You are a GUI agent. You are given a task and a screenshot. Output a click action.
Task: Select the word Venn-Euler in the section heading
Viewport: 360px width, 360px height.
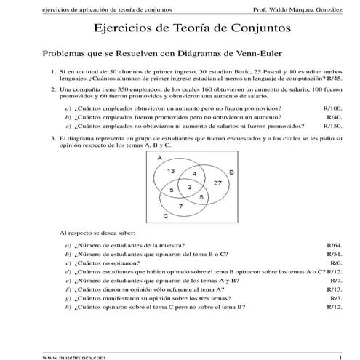tap(238, 55)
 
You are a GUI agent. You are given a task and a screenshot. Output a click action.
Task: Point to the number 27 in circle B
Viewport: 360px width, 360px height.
tap(217, 184)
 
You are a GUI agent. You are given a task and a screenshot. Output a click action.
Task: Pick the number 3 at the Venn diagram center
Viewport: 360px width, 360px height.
tap(189, 188)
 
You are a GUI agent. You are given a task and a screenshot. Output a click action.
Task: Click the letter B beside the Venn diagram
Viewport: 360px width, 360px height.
tap(231, 172)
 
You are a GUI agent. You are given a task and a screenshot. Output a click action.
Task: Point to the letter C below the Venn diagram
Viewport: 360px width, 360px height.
tap(166, 217)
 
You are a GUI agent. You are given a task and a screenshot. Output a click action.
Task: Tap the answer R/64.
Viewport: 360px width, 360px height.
tap(334, 246)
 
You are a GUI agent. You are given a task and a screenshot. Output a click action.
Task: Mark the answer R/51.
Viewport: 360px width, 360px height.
tap(334, 255)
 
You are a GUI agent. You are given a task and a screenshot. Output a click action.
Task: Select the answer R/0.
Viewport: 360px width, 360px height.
tap(335, 263)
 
